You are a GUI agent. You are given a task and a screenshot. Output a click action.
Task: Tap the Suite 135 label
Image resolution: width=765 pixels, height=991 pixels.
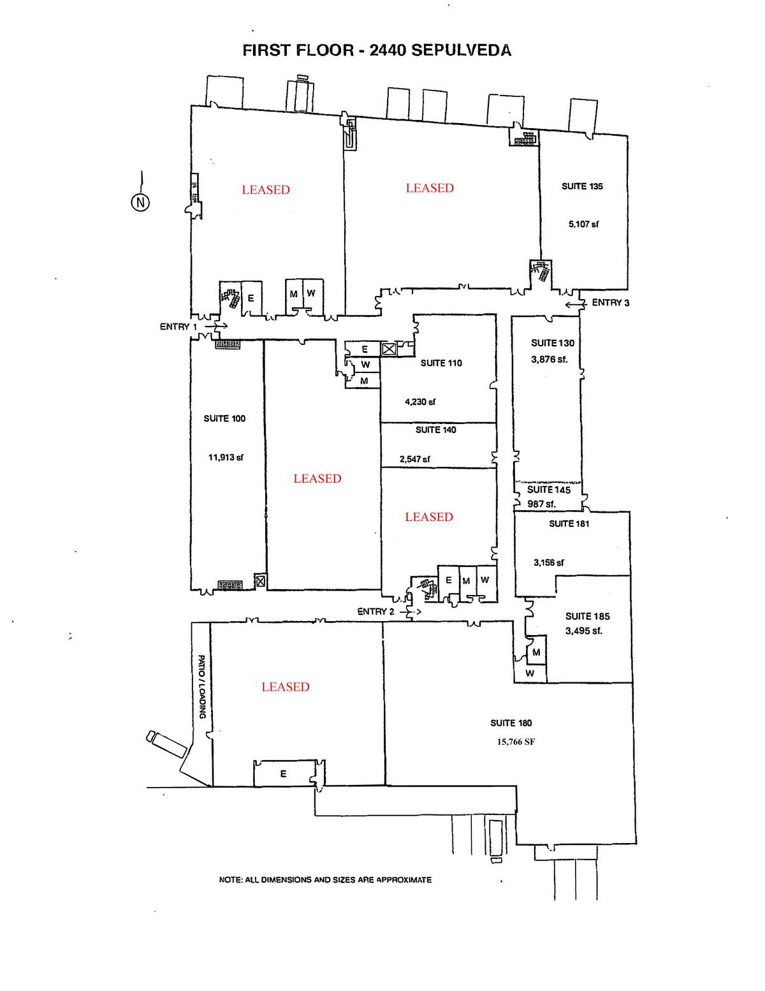click(582, 186)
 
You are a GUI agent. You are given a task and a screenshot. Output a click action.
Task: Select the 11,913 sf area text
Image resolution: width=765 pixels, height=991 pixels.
click(226, 457)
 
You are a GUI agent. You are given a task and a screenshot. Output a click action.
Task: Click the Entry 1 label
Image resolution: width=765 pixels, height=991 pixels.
click(178, 327)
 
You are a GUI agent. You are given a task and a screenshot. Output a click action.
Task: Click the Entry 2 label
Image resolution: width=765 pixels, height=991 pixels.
click(375, 612)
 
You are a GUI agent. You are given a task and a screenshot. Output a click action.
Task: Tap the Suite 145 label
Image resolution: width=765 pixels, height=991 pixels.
click(548, 490)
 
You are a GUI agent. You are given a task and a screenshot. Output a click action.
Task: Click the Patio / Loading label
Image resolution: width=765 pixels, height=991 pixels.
click(201, 686)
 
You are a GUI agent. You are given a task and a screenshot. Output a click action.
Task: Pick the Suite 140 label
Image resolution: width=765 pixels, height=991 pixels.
click(436, 430)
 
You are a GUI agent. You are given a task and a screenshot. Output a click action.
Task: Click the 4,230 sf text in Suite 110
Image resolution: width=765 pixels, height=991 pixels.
click(420, 402)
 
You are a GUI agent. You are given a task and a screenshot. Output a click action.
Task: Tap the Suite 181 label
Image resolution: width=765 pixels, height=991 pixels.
click(569, 524)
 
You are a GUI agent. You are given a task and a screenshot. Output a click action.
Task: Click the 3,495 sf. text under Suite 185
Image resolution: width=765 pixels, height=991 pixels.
click(583, 631)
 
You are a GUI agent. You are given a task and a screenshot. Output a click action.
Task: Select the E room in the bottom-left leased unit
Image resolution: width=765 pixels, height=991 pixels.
click(283, 774)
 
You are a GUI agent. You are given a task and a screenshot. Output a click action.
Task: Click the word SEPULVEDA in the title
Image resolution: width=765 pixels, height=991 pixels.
click(462, 50)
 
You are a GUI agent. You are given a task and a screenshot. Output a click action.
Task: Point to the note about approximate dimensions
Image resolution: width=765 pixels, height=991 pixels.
click(325, 879)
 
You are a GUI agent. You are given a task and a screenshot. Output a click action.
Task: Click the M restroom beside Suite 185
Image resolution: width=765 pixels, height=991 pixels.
click(537, 652)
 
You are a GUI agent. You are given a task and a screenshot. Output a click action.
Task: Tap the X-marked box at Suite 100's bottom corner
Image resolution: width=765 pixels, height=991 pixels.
click(259, 581)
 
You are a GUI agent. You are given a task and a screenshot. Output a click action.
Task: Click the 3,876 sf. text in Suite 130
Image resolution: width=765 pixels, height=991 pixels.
click(549, 359)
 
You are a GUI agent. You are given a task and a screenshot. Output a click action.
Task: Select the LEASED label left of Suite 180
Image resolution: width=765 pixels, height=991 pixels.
click(285, 687)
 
